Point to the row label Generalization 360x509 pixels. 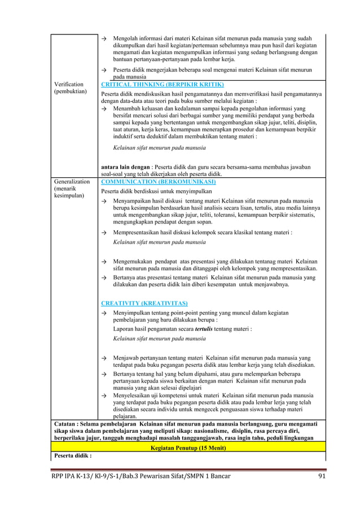pos(72,182)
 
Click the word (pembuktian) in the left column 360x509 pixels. pos(71,91)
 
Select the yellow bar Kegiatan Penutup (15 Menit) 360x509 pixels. pos(188,447)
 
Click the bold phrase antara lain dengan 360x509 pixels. pos(124,167)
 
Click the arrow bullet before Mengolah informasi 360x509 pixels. pos(104,38)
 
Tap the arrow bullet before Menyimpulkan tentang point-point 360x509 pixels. pos(104,313)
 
